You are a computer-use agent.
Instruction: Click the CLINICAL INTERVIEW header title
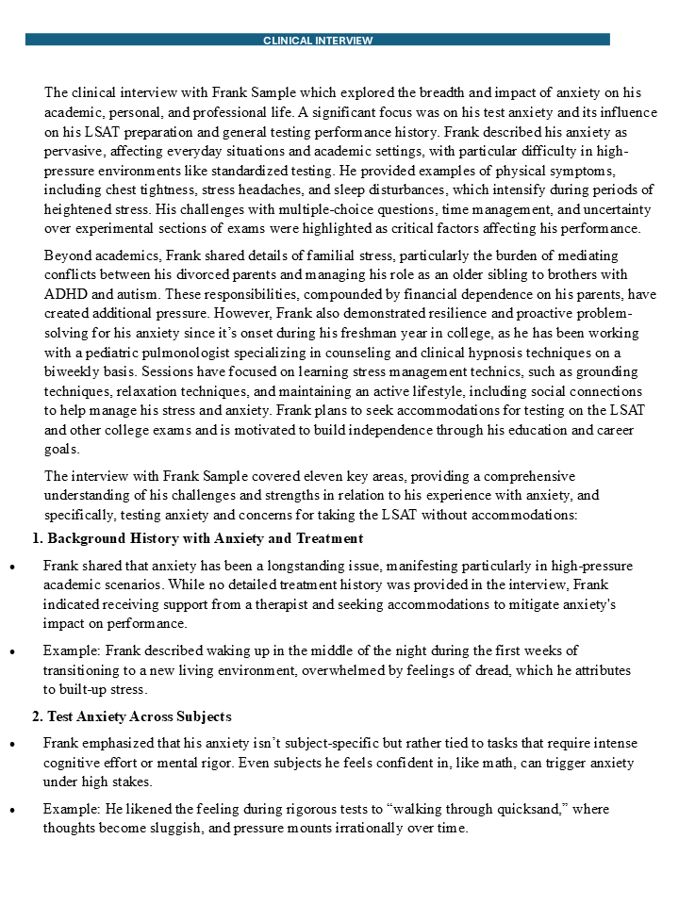[318, 41]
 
